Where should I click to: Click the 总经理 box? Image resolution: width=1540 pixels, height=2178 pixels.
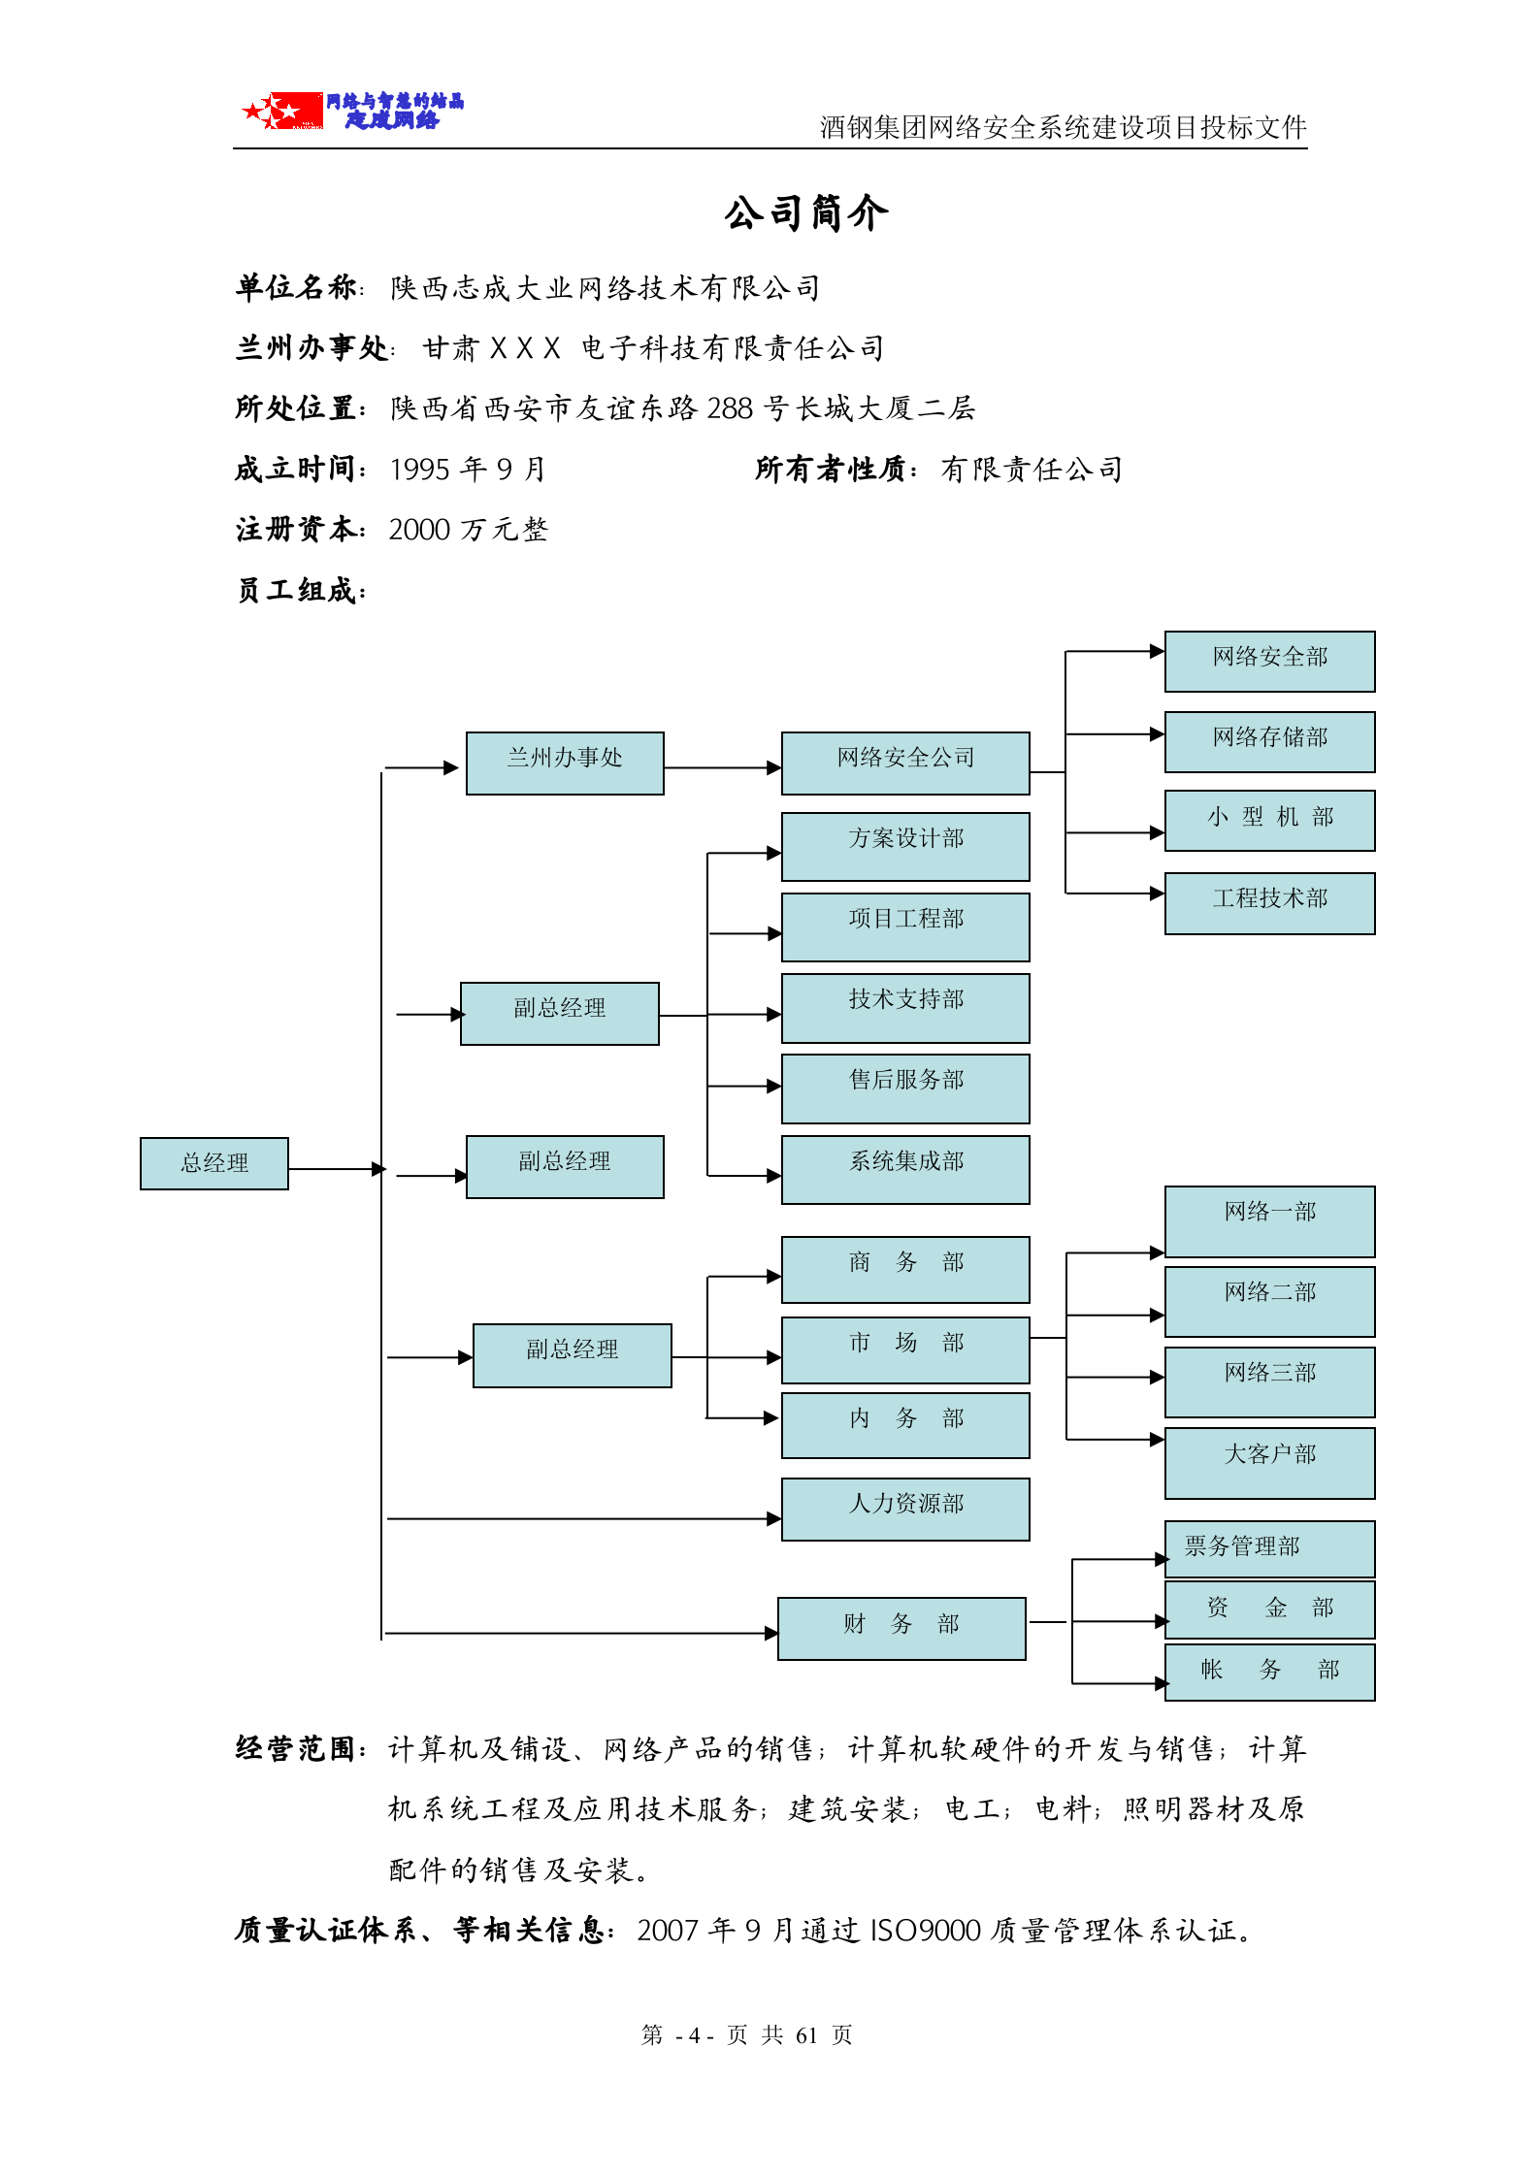(x=213, y=1163)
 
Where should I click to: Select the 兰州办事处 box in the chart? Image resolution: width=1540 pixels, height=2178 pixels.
(x=565, y=764)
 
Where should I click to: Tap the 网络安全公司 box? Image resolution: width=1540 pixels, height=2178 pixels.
(x=904, y=764)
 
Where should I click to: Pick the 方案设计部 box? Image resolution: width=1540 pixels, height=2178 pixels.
(x=904, y=846)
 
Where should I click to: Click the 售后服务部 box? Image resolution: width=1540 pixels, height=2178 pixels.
(x=904, y=1089)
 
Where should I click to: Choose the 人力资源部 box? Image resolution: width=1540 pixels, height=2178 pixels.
(x=904, y=1509)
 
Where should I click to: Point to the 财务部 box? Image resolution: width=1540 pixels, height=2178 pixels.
(x=901, y=1628)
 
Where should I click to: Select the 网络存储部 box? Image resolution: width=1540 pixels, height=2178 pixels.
(x=1269, y=741)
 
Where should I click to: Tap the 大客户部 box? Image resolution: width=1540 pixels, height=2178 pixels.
(x=1269, y=1462)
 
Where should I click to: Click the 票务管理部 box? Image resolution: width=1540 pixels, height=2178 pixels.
(x=1269, y=1548)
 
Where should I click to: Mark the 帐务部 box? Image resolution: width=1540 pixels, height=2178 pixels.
(x=1269, y=1671)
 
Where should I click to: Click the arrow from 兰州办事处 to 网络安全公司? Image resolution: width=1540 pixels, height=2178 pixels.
(x=722, y=767)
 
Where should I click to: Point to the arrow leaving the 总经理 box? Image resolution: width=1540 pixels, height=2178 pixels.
(x=335, y=1169)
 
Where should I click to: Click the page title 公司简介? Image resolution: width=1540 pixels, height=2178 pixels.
(x=805, y=213)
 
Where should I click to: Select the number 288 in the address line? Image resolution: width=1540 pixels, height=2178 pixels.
(x=730, y=409)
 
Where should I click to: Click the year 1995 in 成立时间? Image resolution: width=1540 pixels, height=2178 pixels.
(x=419, y=471)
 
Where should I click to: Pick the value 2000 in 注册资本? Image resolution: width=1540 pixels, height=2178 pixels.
(x=419, y=531)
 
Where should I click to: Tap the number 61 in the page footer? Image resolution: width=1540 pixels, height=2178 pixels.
(x=806, y=2035)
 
